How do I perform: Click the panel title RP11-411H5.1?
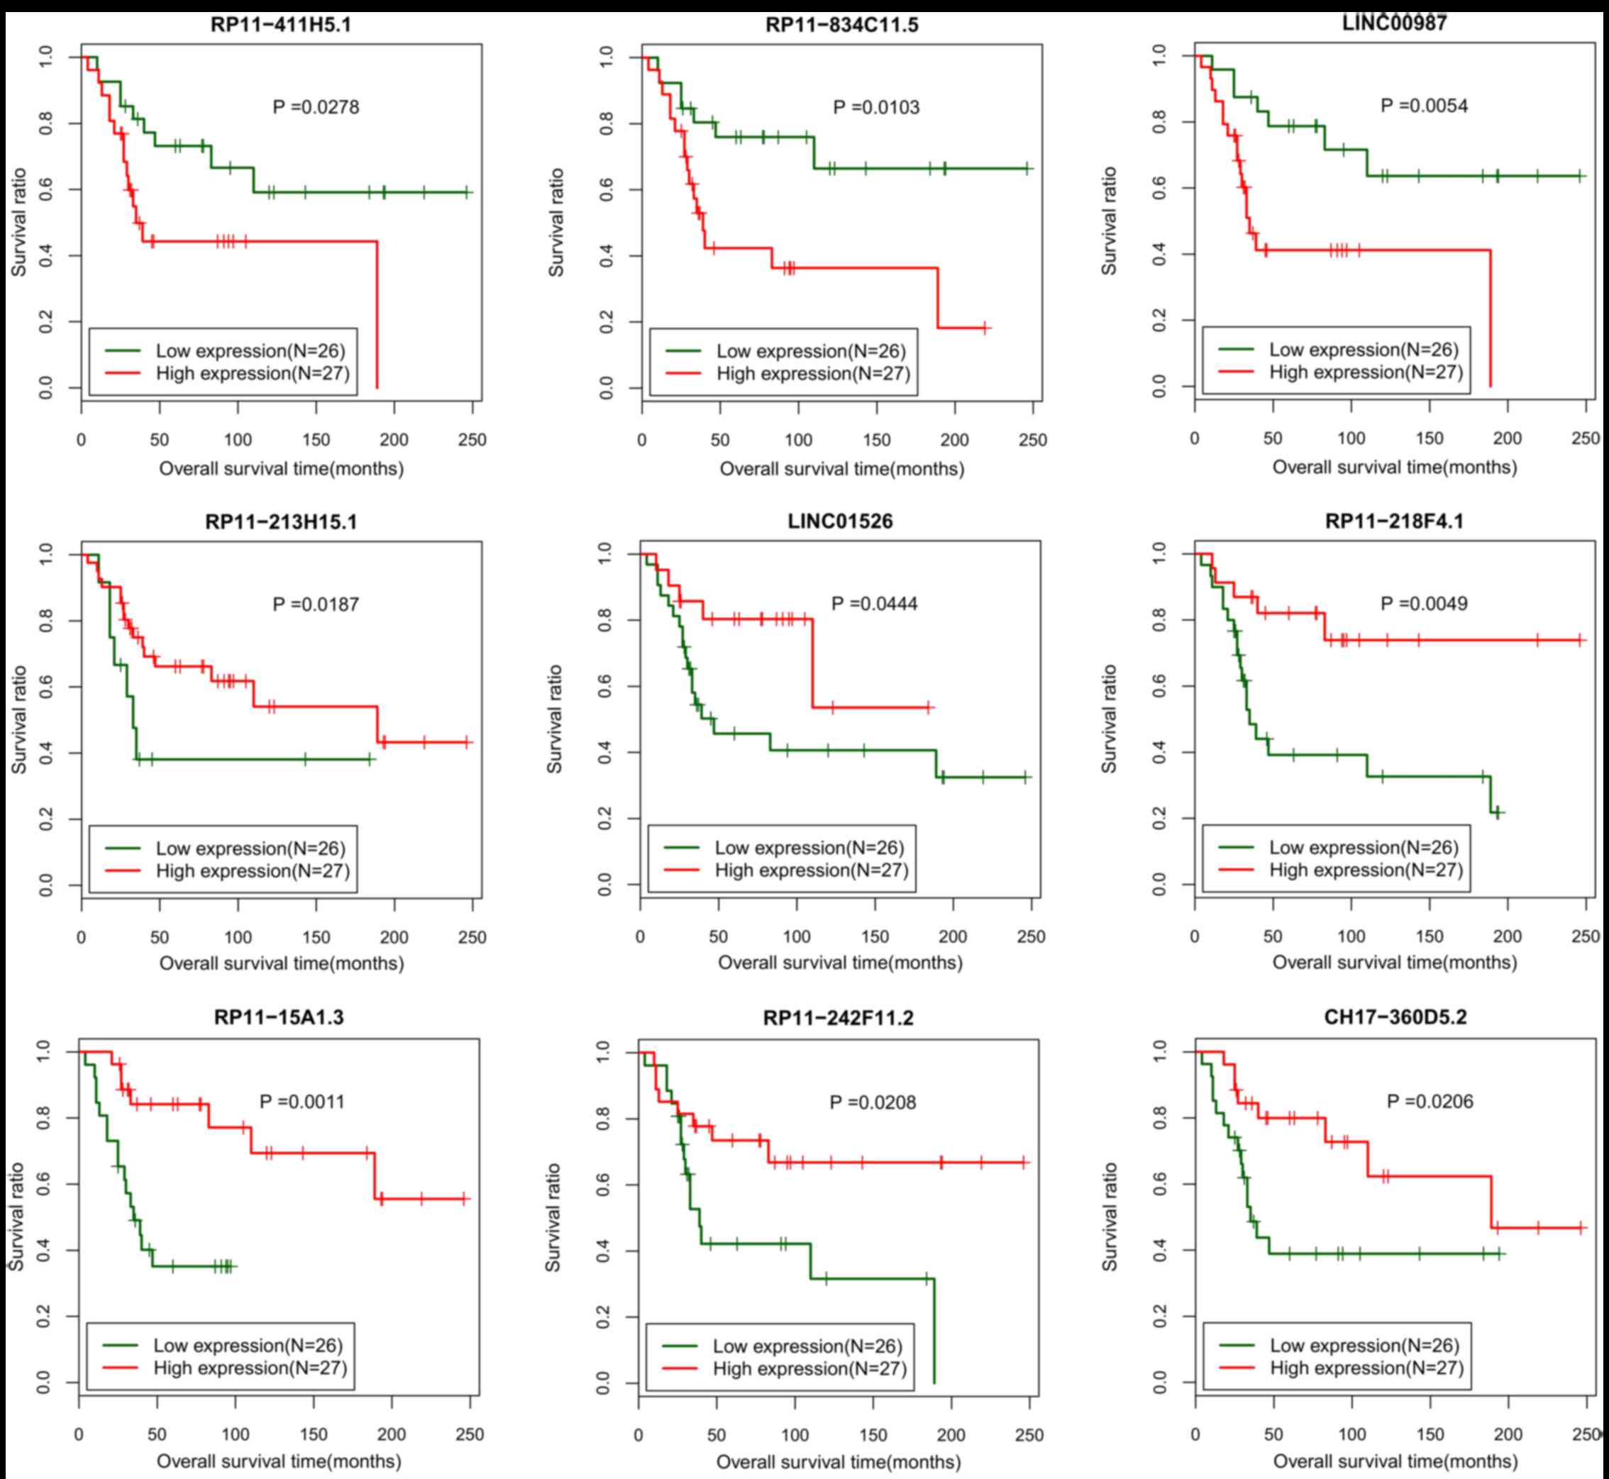pyautogui.click(x=280, y=25)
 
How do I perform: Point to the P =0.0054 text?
pyautogui.click(x=1424, y=106)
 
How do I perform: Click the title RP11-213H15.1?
pyautogui.click(x=280, y=522)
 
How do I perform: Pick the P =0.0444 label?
pyautogui.click(x=874, y=604)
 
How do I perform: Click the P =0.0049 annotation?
pyautogui.click(x=1424, y=604)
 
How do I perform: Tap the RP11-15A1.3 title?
pyautogui.click(x=279, y=1017)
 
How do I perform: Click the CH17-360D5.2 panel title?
pyautogui.click(x=1395, y=1017)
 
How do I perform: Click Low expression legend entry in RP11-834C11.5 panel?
pyautogui.click(x=810, y=351)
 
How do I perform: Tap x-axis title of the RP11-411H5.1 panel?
pyautogui.click(x=281, y=468)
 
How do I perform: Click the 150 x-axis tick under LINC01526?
pyautogui.click(x=875, y=936)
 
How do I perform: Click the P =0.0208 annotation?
pyautogui.click(x=873, y=1102)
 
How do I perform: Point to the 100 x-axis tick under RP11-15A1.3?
pyautogui.click(x=236, y=1434)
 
